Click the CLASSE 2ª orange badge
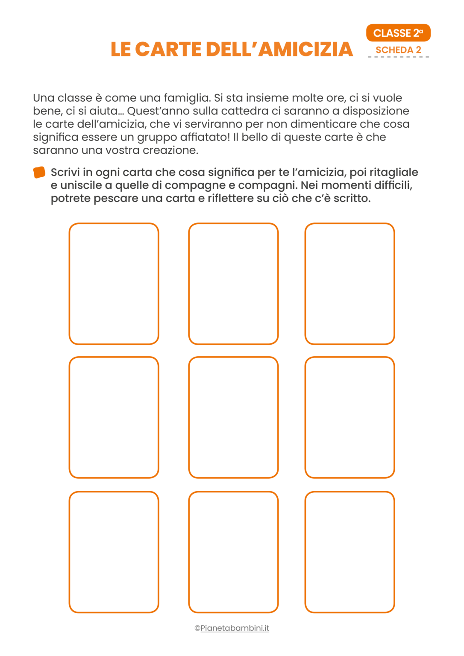click(x=398, y=33)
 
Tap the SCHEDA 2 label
click(x=398, y=50)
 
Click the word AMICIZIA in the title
click(x=305, y=49)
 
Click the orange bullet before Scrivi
click(x=39, y=173)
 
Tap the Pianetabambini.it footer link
click(x=235, y=628)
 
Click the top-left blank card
click(x=114, y=284)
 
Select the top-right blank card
click(x=349, y=284)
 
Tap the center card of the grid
click(x=233, y=417)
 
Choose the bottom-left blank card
click(x=114, y=552)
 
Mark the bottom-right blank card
click(x=349, y=552)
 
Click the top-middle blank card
click(x=233, y=284)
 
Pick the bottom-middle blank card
click(x=233, y=552)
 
